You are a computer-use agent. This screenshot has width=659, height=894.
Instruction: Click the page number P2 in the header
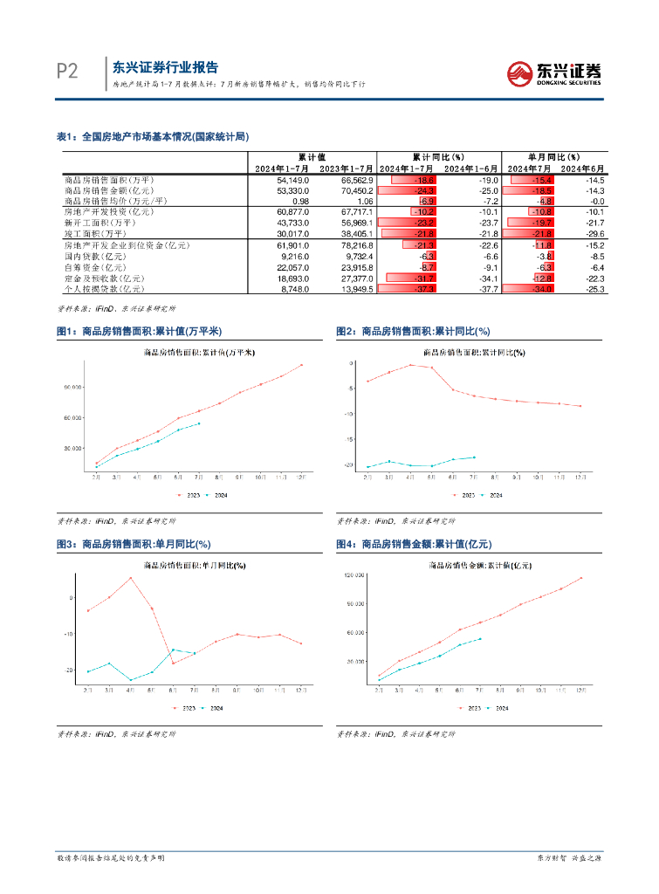pyautogui.click(x=66, y=72)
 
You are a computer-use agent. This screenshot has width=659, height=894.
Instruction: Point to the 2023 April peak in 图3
pyautogui.click(x=131, y=578)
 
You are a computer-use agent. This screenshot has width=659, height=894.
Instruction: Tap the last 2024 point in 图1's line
pyautogui.click(x=199, y=423)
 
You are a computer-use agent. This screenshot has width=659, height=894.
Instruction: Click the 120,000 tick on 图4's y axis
pyautogui.click(x=354, y=576)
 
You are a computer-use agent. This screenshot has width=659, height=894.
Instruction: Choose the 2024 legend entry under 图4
pyautogui.click(x=497, y=708)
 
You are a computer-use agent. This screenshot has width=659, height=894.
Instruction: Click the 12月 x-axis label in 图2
pyautogui.click(x=579, y=478)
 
